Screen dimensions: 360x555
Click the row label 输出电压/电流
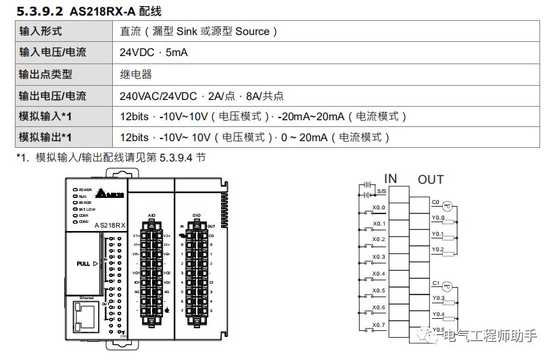coord(53,96)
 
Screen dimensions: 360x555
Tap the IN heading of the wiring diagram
coord(390,178)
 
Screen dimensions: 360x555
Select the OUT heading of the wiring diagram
coord(431,179)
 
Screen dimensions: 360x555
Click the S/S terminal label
coord(382,191)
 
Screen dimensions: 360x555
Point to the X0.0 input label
coord(379,207)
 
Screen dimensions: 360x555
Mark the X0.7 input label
coord(379,325)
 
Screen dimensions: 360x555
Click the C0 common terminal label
coord(435,201)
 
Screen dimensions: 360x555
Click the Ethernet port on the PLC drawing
coord(87,317)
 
